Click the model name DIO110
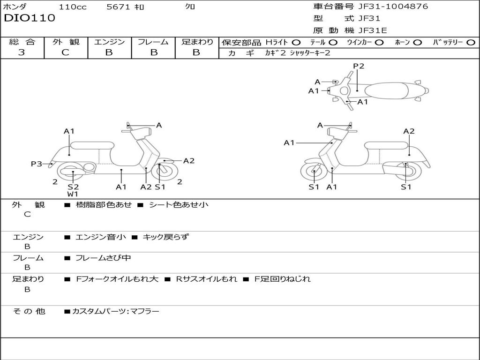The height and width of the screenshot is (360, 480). (x=30, y=18)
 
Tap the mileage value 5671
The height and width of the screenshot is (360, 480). (x=119, y=7)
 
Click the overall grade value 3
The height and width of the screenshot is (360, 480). (x=22, y=52)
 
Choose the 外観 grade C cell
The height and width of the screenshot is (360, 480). (x=65, y=52)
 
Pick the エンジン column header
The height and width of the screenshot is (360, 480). (x=109, y=42)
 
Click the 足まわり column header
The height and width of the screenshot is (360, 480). (x=197, y=42)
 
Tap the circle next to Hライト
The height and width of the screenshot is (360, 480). (x=297, y=42)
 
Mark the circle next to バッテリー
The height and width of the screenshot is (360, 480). (x=471, y=42)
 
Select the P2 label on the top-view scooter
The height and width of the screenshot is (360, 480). (x=359, y=66)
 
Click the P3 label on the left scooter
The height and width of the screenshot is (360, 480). (x=36, y=164)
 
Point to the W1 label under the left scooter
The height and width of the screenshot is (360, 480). (x=73, y=194)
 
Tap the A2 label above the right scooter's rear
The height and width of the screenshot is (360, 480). (x=409, y=131)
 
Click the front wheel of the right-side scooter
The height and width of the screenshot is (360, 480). (x=314, y=172)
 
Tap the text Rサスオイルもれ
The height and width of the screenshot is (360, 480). (x=206, y=279)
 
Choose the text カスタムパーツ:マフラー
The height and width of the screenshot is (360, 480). (x=115, y=311)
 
